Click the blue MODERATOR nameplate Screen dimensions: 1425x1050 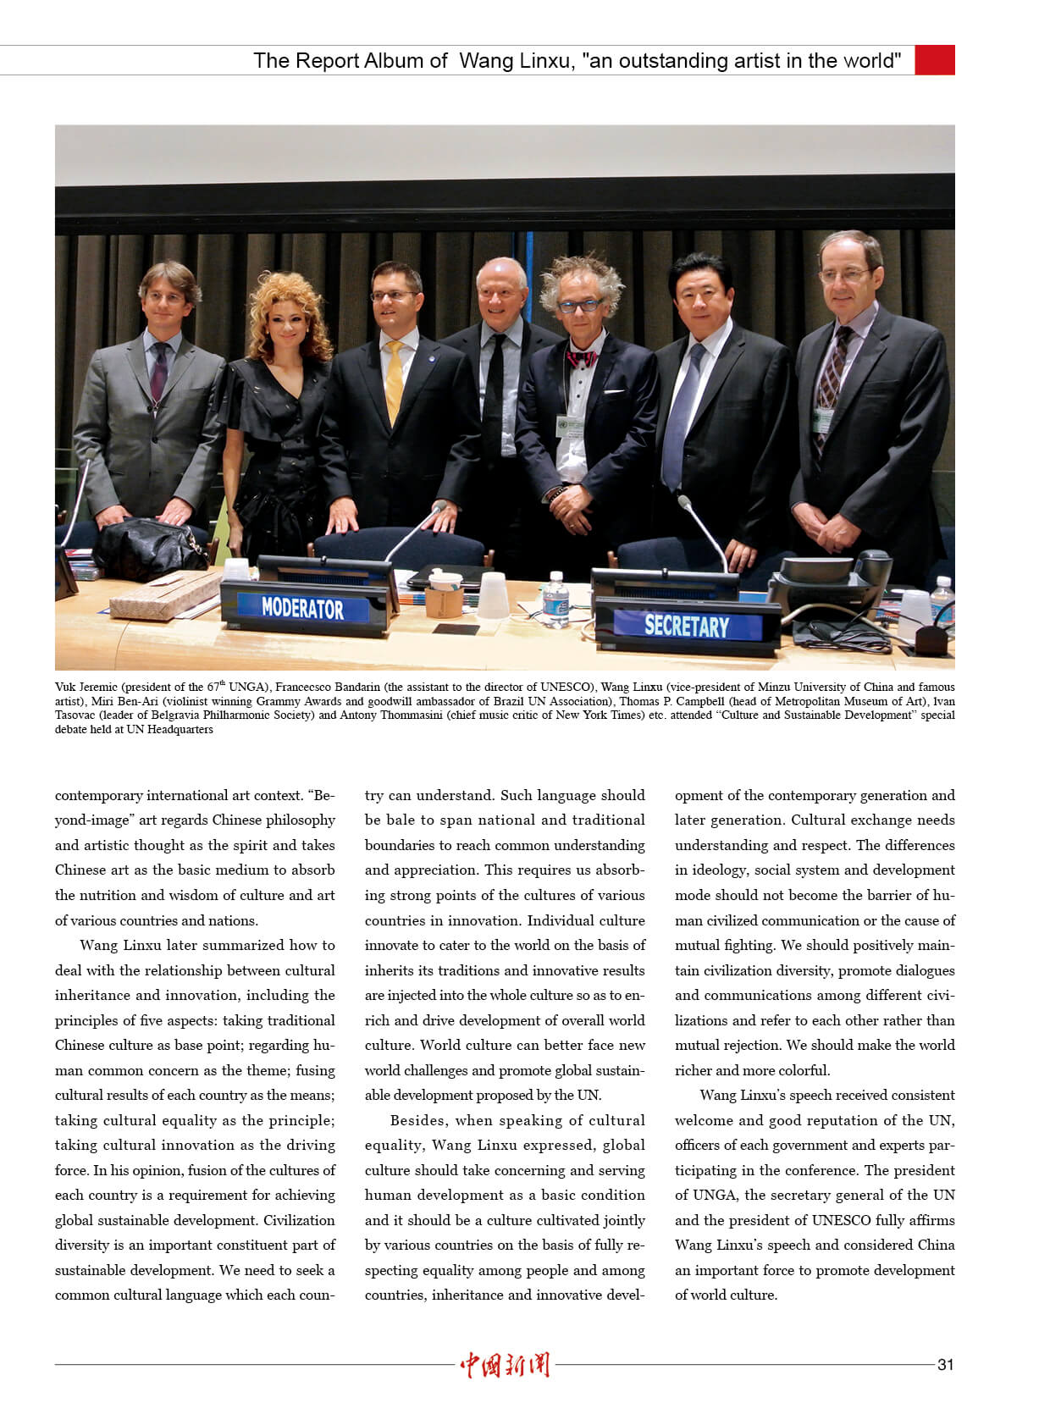click(x=302, y=608)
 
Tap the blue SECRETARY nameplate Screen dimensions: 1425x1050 click(x=686, y=625)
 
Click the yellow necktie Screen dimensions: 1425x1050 click(x=394, y=381)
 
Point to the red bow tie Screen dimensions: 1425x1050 click(x=581, y=359)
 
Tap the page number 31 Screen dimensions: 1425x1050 click(x=945, y=1364)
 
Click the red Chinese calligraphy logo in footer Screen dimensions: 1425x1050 click(x=505, y=1364)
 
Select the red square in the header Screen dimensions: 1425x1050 click(x=935, y=60)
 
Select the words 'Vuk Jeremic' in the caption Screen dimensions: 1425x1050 click(x=86, y=687)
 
